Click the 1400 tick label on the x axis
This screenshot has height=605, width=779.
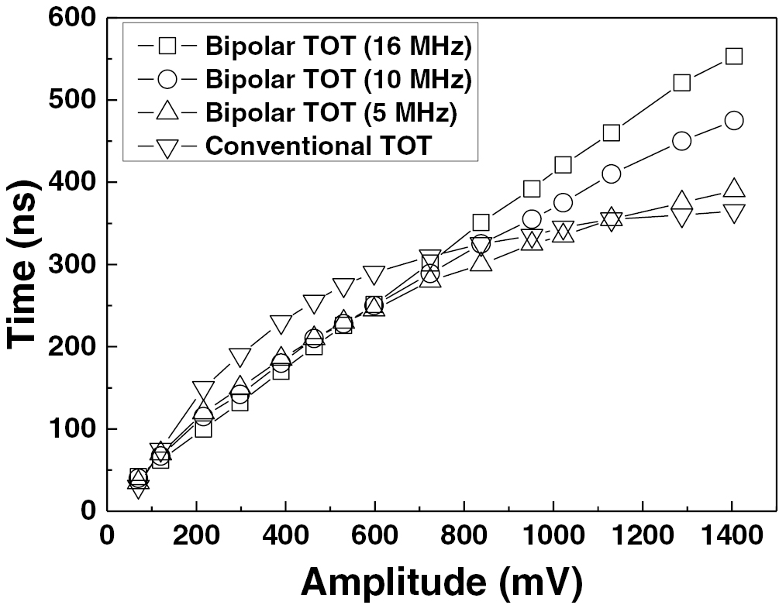point(731,535)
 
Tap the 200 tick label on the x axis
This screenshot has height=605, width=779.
point(196,535)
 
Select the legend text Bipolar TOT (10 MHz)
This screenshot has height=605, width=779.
point(339,79)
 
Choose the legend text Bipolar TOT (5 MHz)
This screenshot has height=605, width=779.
point(331,112)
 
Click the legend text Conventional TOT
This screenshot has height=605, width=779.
point(318,145)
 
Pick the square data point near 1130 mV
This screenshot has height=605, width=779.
point(611,132)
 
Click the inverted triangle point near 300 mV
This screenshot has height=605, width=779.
point(240,357)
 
